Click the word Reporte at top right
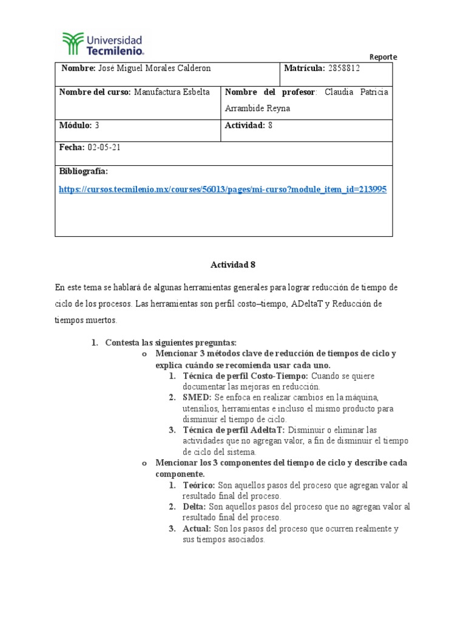click(383, 57)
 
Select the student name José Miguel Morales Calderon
click(154, 69)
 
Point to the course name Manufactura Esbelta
click(172, 92)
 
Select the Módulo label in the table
click(75, 125)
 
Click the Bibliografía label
click(83, 172)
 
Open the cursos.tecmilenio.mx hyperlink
click(222, 190)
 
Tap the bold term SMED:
click(195, 397)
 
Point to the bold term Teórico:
click(199, 485)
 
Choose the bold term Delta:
click(194, 507)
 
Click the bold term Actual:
click(197, 528)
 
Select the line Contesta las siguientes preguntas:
click(171, 343)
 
